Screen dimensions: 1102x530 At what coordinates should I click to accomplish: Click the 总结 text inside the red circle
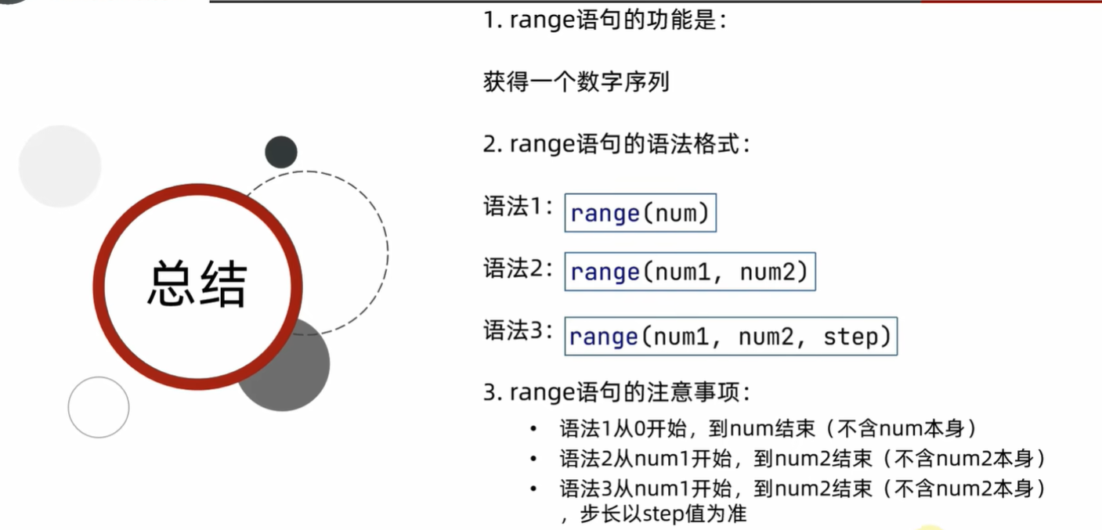tap(197, 284)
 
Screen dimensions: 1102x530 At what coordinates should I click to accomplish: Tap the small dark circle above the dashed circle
tap(280, 152)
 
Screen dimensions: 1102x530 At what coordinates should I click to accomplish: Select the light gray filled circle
tap(60, 166)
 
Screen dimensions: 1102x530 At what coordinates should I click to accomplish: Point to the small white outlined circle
tap(98, 407)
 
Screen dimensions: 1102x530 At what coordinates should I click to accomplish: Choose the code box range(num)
tap(640, 213)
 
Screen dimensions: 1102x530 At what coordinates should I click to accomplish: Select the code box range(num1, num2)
tap(689, 272)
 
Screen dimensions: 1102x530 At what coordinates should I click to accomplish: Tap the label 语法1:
tap(518, 208)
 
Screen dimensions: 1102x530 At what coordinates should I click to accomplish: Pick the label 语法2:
tap(518, 268)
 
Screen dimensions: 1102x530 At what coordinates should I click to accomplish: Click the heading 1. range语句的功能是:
tap(605, 20)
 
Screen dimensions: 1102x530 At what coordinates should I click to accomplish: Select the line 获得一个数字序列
tap(576, 81)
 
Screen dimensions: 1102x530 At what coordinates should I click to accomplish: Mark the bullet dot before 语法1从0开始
tap(533, 429)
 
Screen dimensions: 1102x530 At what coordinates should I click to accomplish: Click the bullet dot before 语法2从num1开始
tap(533, 459)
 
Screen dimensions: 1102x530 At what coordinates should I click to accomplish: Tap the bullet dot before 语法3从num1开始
tap(533, 489)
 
